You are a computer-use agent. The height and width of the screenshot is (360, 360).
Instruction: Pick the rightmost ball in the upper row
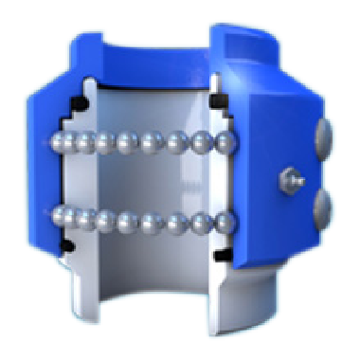pyautogui.click(x=225, y=144)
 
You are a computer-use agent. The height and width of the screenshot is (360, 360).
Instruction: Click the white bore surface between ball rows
pyautogui.click(x=142, y=182)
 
